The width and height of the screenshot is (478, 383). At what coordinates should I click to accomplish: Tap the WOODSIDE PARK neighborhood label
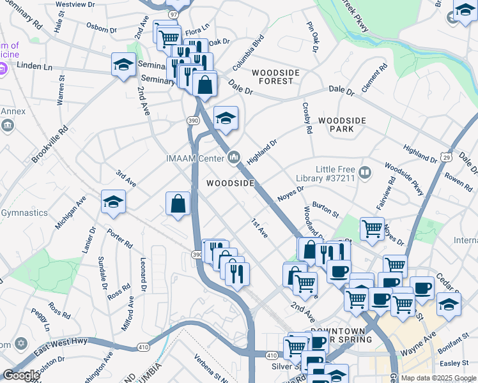tap(345, 124)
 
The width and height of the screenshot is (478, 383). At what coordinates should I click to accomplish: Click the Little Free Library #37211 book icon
tap(365, 171)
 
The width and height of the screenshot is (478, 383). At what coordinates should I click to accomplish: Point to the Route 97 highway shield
tap(173, 14)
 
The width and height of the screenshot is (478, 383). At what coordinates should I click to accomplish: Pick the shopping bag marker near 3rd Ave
tap(178, 204)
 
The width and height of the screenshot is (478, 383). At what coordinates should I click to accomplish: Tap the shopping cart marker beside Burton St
tap(371, 228)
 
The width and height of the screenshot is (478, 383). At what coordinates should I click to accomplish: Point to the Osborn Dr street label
tap(102, 28)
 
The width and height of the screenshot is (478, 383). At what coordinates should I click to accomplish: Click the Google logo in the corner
tap(21, 375)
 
